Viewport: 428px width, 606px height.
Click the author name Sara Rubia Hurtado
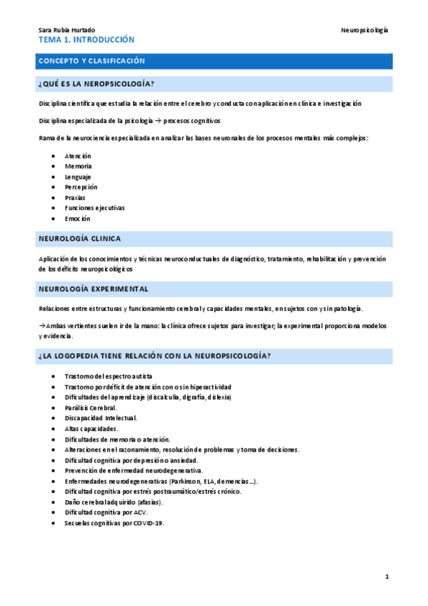(x=64, y=30)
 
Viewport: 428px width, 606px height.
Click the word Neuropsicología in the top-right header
(x=364, y=30)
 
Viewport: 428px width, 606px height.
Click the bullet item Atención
(x=77, y=156)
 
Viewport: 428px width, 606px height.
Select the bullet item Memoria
(x=77, y=166)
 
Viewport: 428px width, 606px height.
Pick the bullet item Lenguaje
(x=77, y=177)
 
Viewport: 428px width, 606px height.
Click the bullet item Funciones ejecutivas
(x=94, y=208)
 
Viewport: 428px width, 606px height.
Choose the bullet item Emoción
(x=76, y=219)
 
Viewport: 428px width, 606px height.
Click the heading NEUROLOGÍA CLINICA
(x=79, y=239)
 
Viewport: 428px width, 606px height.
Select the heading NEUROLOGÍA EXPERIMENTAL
(x=93, y=289)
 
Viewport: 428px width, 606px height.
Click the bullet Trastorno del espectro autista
(x=108, y=376)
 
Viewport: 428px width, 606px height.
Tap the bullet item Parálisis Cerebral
(x=90, y=407)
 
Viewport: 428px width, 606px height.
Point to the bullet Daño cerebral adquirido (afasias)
(x=113, y=502)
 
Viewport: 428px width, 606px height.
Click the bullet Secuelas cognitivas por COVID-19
(x=114, y=524)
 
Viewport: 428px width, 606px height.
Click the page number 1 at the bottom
(x=387, y=577)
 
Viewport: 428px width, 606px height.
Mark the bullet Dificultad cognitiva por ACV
(x=105, y=513)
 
